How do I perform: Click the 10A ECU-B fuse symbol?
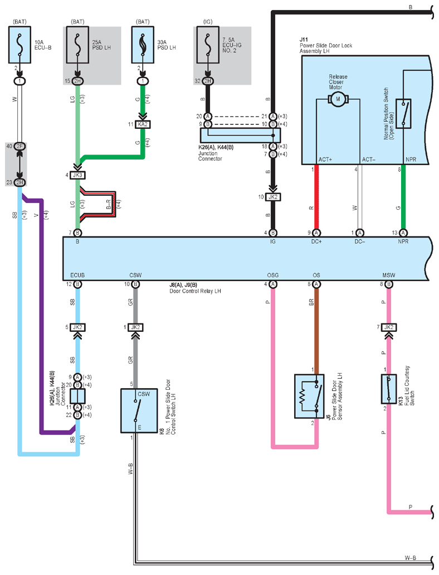20,45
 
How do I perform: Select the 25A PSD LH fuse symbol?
77,45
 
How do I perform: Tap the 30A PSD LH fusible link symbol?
143,45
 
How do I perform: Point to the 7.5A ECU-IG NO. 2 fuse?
208,45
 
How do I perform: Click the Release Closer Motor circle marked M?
338,99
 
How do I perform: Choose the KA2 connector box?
143,125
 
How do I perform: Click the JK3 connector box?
77,175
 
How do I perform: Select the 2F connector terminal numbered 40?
20,146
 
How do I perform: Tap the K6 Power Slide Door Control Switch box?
139,410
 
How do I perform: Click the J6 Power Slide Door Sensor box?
309,397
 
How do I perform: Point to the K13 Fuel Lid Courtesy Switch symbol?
389,389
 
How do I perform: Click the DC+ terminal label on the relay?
316,241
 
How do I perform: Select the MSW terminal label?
389,275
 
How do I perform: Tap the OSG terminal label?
272,275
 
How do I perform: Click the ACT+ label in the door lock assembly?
325,160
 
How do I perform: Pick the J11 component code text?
304,40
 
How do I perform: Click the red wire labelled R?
316,199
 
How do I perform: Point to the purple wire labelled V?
42,315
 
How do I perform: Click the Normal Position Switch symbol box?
403,113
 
